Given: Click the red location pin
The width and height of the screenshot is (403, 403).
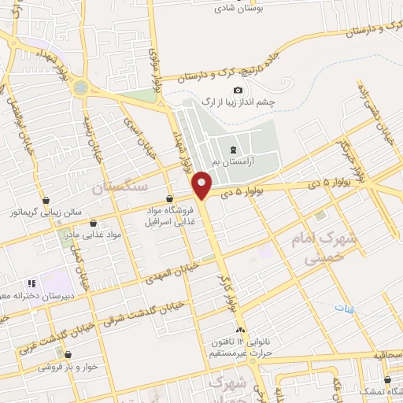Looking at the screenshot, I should coord(202,183).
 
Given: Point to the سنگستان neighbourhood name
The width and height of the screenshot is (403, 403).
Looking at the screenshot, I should coord(119,187).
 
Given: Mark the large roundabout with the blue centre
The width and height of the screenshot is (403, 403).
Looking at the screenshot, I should coord(81,87).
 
